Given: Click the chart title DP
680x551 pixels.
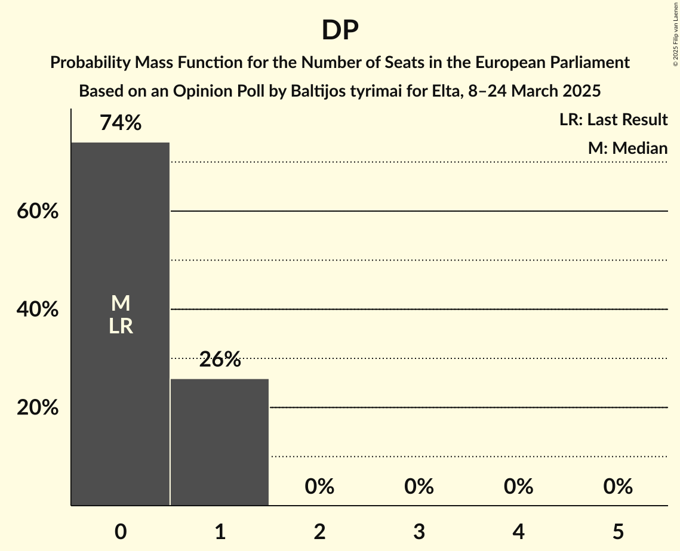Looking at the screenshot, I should point(340,31).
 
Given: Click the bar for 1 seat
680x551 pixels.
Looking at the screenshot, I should point(220,442).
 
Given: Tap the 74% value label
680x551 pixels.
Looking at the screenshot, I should point(121,123).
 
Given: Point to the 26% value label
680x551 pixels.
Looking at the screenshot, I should point(220,360).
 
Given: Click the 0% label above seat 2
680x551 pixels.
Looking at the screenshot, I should point(319,487).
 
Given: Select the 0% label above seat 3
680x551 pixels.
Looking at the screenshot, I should point(419,487).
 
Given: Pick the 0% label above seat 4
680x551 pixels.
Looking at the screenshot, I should point(518,487).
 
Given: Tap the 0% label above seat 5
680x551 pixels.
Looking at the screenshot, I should point(618,487).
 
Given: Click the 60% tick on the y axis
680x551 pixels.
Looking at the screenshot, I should point(38,212).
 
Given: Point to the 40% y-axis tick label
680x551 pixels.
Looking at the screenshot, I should point(38,310).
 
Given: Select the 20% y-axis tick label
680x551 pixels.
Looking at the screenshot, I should point(38,408).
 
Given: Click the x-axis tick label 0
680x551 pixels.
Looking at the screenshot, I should point(121,531).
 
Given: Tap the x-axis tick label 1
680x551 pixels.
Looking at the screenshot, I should point(220,531).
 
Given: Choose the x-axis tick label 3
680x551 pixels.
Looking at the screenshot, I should point(419,531).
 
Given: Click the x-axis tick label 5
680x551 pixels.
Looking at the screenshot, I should point(618,531).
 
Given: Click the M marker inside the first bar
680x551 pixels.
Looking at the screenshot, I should point(121,304).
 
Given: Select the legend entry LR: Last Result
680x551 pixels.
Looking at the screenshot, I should point(613,120).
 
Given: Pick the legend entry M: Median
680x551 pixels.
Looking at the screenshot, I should point(627,148).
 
